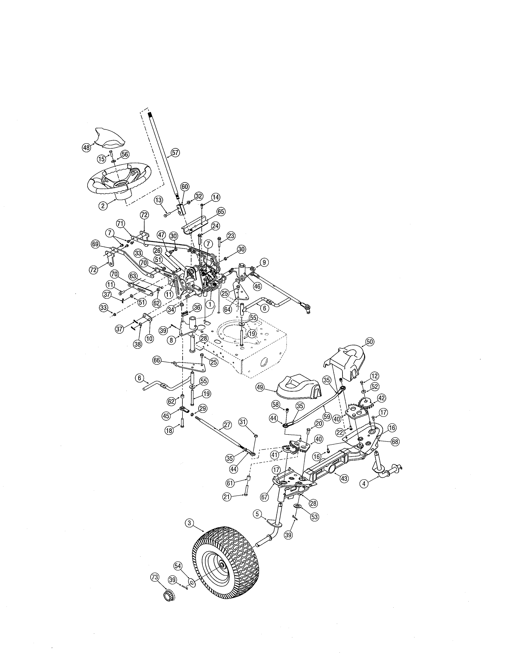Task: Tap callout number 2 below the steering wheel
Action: pos(103,206)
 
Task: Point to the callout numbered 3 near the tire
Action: pos(189,523)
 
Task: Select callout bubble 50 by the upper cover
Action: pos(369,342)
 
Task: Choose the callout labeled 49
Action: pos(260,387)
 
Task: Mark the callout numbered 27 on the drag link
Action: pos(227,425)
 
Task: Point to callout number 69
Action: pos(95,244)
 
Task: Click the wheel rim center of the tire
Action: pos(222,565)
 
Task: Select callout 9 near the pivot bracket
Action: pos(264,262)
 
